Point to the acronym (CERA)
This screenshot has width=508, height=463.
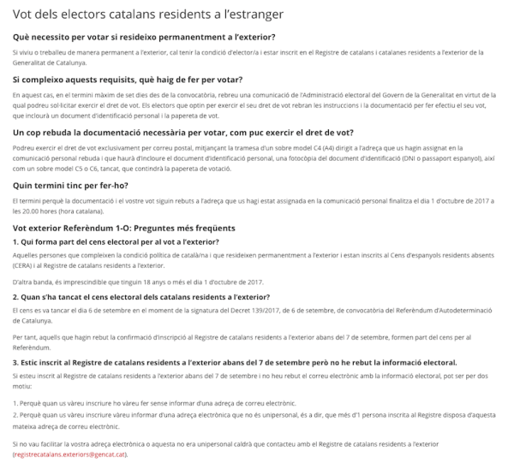pos(25,266)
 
